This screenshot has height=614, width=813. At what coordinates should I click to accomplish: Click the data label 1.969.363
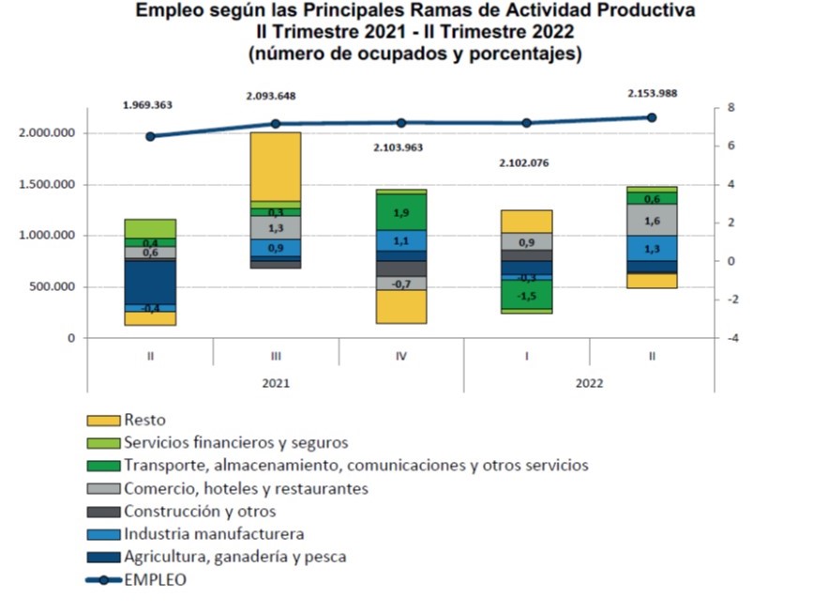[149, 106]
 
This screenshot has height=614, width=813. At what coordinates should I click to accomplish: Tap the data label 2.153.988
[652, 93]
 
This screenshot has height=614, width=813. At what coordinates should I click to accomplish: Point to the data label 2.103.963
[401, 147]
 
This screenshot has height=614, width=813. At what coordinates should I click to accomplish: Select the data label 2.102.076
[526, 163]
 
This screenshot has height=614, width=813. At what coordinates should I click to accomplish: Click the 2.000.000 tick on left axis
[47, 133]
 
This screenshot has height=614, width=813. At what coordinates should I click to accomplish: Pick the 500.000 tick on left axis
[53, 287]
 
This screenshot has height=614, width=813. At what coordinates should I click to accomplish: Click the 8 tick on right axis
[717, 108]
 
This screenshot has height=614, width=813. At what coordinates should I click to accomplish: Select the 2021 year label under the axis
[276, 383]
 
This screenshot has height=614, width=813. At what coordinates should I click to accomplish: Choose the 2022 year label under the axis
[589, 383]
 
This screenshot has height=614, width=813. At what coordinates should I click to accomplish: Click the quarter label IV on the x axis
[401, 357]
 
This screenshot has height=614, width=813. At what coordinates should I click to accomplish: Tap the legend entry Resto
[144, 420]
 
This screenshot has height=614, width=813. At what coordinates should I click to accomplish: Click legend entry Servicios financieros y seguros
[235, 442]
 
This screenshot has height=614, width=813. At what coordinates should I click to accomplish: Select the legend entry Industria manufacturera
[214, 534]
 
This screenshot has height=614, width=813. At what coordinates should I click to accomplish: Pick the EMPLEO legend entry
[155, 580]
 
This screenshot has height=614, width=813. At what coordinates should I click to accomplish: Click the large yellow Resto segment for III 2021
[276, 166]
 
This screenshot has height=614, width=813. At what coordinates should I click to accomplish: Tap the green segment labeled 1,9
[401, 212]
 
